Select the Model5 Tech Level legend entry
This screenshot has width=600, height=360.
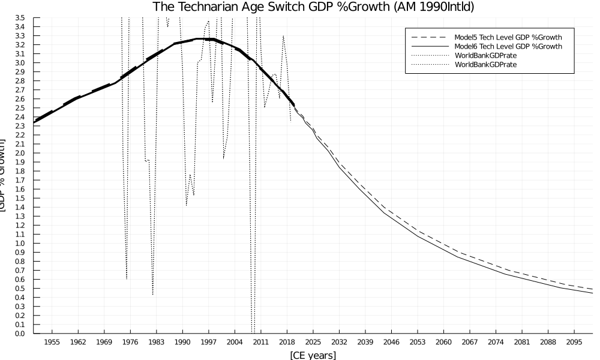[508, 37]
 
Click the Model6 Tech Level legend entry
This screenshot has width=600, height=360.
[508, 46]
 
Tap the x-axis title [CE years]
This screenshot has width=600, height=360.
[313, 355]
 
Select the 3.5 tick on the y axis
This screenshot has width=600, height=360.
[20, 18]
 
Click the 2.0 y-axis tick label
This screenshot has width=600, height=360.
[20, 153]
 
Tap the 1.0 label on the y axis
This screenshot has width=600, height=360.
[20, 243]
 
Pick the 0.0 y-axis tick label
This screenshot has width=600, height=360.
[20, 333]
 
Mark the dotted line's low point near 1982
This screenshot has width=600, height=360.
[152, 295]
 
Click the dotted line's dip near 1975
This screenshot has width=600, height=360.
[127, 278]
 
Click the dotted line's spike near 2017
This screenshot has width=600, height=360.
[283, 36]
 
